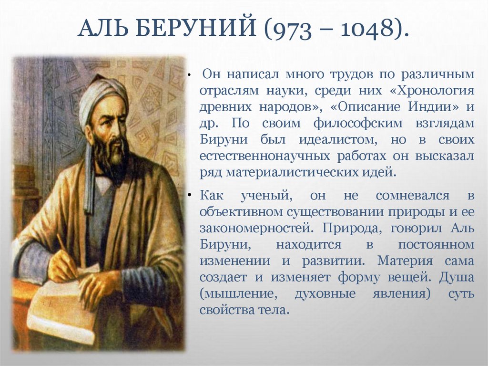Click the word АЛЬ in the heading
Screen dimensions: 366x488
tap(102, 31)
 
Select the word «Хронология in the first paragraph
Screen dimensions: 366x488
tap(431, 91)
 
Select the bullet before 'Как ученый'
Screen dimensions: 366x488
tap(190, 196)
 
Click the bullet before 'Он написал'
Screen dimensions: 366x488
tap(190, 76)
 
